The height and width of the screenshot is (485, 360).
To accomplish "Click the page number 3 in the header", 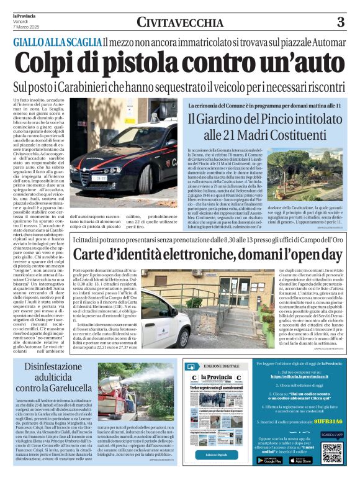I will point(340,22).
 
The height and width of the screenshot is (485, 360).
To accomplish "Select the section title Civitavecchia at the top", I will point(180,22).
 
